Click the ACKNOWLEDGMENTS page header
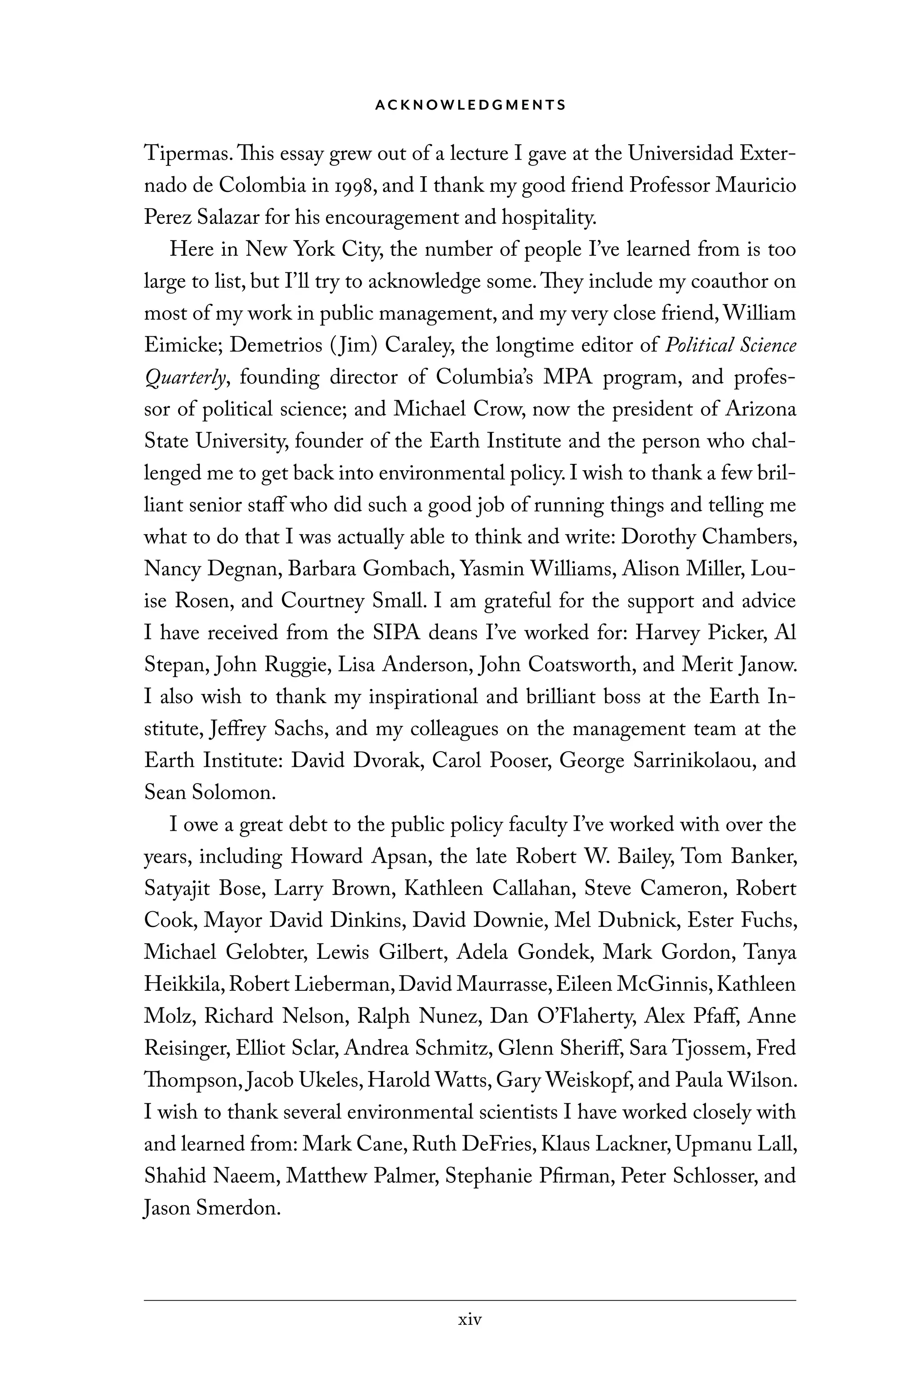tap(470, 105)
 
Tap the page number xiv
tap(470, 1320)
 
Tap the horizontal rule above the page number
tap(470, 1301)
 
